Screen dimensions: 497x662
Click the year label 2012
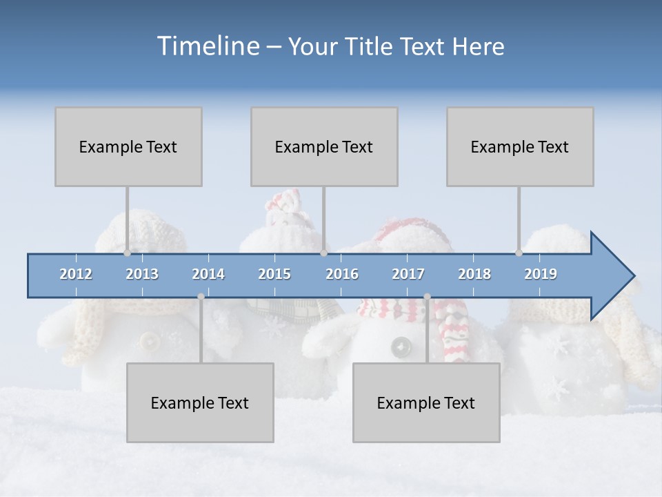coord(76,274)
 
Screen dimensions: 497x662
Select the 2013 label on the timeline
coord(142,274)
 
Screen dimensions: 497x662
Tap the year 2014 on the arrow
coord(208,274)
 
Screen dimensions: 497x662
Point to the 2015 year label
coord(274,274)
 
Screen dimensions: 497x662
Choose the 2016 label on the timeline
coord(342,274)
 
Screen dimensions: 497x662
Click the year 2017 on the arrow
coord(408,274)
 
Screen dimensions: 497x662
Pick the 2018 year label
coord(474,274)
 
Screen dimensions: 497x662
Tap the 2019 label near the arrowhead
coord(541,274)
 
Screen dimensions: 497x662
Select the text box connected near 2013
coord(128,146)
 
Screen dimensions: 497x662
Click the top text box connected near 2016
coord(324,146)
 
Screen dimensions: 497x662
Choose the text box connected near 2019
coord(520,146)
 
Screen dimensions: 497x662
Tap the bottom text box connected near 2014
coord(200,402)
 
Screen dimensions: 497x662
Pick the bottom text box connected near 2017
coord(426,402)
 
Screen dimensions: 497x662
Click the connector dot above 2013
coord(127,253)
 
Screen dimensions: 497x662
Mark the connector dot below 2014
coord(201,297)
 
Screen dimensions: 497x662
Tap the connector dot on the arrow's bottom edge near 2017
coord(427,297)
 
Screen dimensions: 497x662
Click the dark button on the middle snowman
coord(399,347)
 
